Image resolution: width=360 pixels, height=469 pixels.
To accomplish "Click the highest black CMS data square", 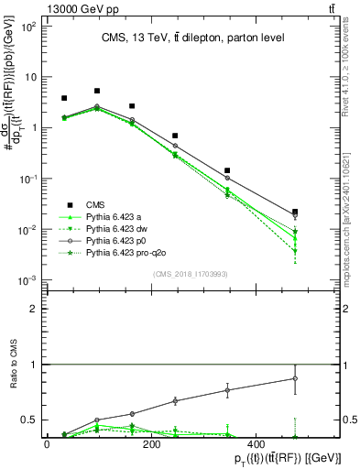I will pyautogui.click(x=97, y=91).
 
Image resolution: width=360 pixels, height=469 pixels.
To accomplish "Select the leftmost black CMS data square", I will pyautogui.click(x=64, y=98).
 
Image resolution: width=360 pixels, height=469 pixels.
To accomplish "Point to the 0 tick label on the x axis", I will pyautogui.click(x=47, y=444).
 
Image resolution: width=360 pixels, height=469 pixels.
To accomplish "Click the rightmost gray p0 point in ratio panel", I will pyautogui.click(x=294, y=378).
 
